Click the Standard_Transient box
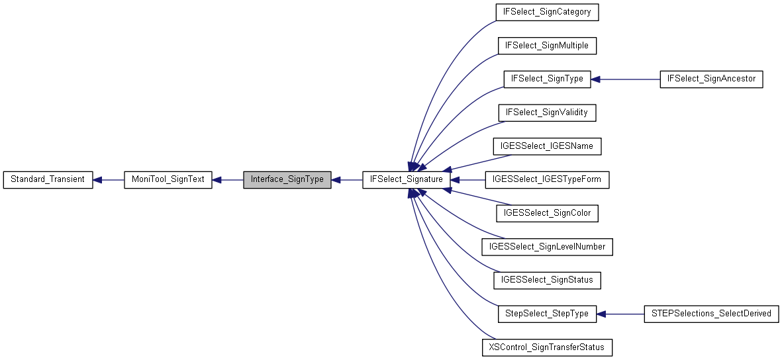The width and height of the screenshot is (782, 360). [x=48, y=180]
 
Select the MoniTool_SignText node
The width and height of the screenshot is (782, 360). [x=168, y=180]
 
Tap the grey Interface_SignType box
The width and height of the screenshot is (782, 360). [x=287, y=180]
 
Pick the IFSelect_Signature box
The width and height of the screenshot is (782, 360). [x=407, y=180]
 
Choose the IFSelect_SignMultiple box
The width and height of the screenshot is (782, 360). [x=547, y=46]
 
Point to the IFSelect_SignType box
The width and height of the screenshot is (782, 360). [x=547, y=79]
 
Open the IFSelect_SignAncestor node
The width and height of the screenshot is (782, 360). [x=712, y=79]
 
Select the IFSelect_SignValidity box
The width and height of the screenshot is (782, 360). [x=547, y=112]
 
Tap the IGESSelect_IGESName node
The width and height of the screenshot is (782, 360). [x=547, y=146]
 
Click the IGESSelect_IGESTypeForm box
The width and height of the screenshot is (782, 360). [x=547, y=180]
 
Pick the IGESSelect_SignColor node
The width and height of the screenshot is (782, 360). [x=547, y=213]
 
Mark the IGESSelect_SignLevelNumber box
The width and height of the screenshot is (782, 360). [x=547, y=247]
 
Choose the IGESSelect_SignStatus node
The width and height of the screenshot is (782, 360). [x=547, y=281]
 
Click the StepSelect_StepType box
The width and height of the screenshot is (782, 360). [x=547, y=314]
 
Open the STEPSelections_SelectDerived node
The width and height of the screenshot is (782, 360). [x=711, y=314]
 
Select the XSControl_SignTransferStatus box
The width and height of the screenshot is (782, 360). [x=547, y=347]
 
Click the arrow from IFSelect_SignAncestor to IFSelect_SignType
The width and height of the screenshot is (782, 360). [x=626, y=79]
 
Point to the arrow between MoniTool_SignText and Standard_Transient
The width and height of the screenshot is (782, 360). [x=109, y=180]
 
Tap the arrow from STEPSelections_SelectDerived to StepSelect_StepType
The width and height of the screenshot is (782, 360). [x=621, y=314]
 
